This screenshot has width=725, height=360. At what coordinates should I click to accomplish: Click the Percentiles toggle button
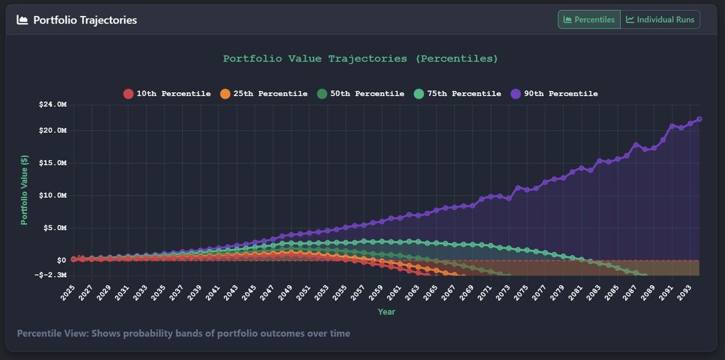[589, 20]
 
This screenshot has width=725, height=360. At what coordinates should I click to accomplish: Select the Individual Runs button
[660, 20]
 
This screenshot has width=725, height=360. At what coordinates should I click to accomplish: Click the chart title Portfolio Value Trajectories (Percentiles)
[361, 59]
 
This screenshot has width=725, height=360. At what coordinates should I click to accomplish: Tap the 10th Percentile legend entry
[167, 94]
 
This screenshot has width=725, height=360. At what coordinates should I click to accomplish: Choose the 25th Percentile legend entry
[263, 94]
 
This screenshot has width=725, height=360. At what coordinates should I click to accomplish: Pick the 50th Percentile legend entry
[360, 94]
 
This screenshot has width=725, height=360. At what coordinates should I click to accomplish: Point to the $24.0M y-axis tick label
[52, 104]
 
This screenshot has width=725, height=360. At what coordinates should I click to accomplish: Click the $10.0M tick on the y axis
[52, 195]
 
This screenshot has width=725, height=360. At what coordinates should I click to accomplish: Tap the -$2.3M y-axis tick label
[52, 275]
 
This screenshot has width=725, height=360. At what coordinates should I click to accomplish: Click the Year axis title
[386, 312]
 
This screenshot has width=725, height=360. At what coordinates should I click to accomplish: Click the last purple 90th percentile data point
[700, 119]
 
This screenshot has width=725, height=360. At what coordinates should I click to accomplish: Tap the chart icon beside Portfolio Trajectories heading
[22, 20]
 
